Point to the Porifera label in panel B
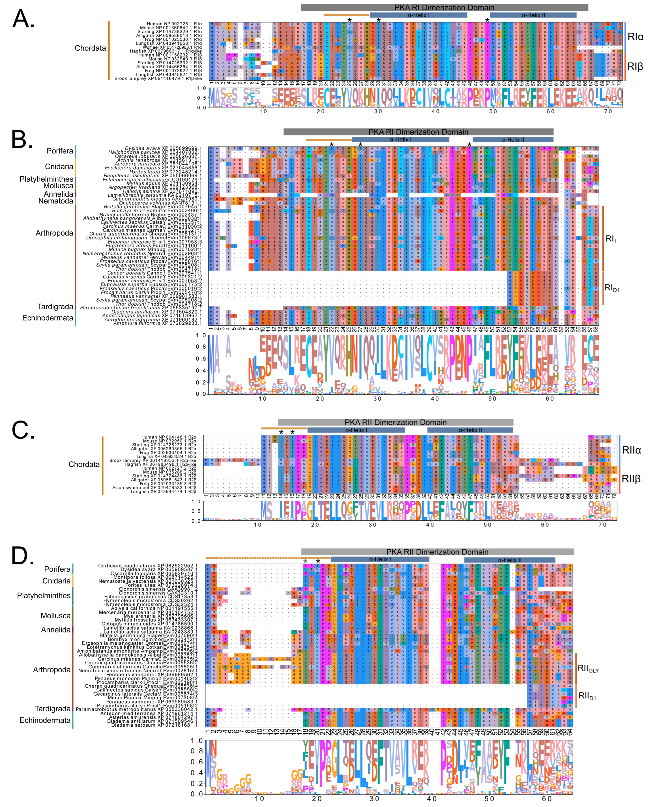coord(60,151)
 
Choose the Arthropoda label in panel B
coord(54,233)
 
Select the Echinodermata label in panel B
coord(48,318)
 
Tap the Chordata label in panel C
coord(84,464)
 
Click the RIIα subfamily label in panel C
coord(631,450)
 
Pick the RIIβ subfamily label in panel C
coord(631,479)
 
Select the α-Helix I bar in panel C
coord(356,430)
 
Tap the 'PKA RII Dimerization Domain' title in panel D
coord(437,552)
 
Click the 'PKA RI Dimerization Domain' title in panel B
coord(418,132)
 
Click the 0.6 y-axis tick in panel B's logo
coord(201,359)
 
